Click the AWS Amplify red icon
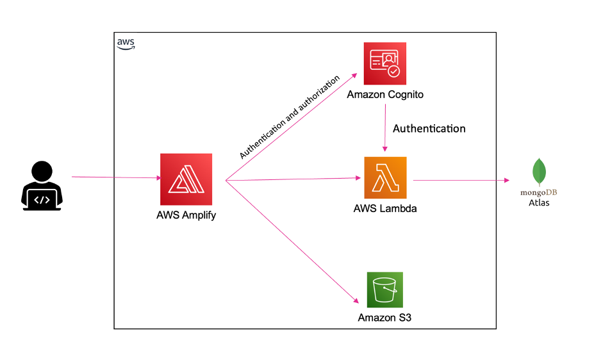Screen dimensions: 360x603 pos(186,179)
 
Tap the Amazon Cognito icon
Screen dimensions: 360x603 pos(385,63)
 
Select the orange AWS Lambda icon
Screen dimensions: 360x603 pos(385,177)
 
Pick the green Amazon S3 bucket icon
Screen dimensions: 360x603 pos(384,290)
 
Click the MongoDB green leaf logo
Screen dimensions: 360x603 pos(539,172)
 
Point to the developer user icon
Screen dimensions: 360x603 pos(42,186)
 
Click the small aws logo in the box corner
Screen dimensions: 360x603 pos(126,43)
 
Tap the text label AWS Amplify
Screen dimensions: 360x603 pos(186,215)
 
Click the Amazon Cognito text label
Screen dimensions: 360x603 pos(385,95)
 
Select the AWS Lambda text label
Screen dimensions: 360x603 pos(385,209)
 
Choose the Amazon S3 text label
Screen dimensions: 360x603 pos(384,318)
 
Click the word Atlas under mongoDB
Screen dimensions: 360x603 pos(539,203)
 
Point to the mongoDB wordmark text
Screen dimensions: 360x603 pos(539,192)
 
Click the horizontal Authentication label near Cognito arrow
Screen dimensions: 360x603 pos(429,128)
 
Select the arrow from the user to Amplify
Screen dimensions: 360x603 pos(115,177)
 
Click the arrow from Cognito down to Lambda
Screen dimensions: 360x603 pos(385,128)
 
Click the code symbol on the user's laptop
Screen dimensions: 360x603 pos(42,199)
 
